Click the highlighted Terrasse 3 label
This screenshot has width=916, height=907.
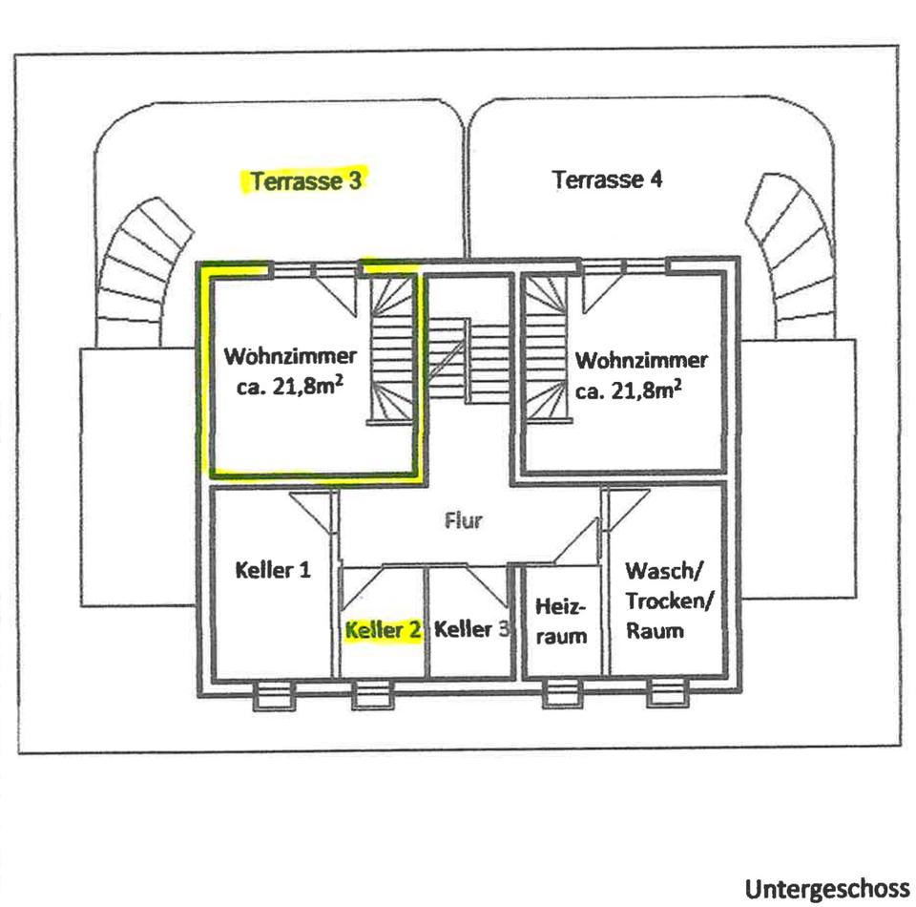[x=305, y=179]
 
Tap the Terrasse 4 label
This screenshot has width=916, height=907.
[x=607, y=179]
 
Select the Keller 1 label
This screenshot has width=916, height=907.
[x=272, y=570]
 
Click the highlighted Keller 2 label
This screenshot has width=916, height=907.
[x=383, y=630]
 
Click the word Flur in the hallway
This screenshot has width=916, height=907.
[x=464, y=520]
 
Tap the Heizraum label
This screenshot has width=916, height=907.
[x=561, y=622]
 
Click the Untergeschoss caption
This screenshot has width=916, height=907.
[x=826, y=889]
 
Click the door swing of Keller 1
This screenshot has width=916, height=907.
[x=316, y=511]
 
